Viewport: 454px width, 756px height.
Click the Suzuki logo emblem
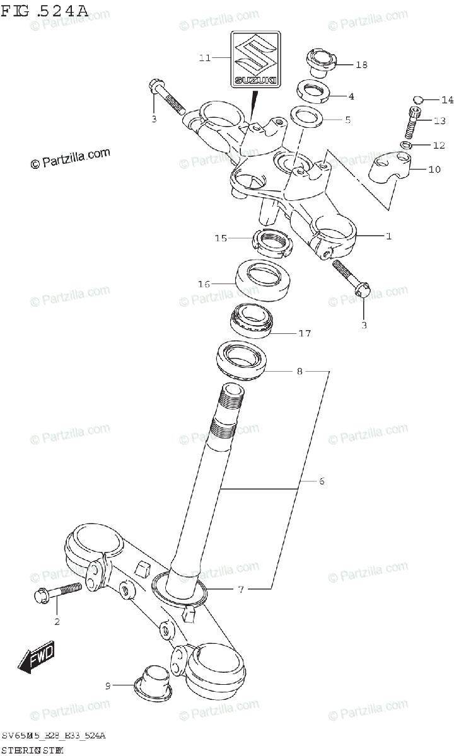[x=255, y=59]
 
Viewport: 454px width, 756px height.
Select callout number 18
[x=361, y=65]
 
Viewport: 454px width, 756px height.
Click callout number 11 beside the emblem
[x=204, y=58]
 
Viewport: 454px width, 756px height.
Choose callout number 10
[x=435, y=169]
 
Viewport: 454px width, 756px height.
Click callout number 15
[x=220, y=238]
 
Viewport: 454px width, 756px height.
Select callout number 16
[x=204, y=284]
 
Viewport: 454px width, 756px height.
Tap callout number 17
[x=305, y=333]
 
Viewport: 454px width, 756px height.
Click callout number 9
[x=108, y=686]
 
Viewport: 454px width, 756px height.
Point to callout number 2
[x=56, y=622]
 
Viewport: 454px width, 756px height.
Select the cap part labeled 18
[x=322, y=62]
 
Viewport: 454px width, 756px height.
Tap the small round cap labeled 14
[x=417, y=100]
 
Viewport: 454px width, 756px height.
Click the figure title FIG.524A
[x=45, y=11]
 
